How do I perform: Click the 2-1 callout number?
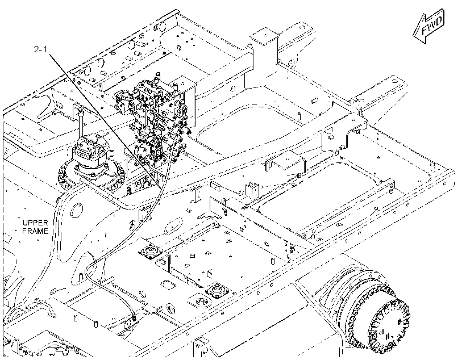coord(40,49)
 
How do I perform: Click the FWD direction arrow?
coord(429,26)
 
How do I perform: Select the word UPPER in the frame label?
coord(35,223)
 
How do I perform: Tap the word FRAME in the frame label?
coord(35,231)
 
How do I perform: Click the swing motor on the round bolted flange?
coord(91,159)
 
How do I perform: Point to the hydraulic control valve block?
coord(155,119)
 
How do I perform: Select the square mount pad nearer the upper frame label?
coord(150,251)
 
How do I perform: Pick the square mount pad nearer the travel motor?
coord(217,290)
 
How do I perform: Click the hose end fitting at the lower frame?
coord(134,319)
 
